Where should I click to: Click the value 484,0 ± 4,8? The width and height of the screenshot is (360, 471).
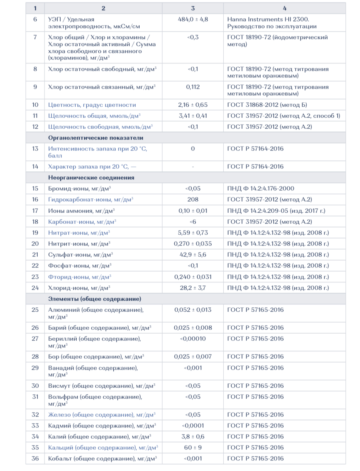[x=193, y=19]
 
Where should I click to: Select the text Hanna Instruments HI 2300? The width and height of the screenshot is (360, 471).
[x=268, y=19]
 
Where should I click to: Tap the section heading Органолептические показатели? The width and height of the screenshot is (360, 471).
[x=95, y=138]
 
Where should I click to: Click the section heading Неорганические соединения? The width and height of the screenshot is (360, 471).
[x=91, y=178]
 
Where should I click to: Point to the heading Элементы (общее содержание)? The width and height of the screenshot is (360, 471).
[x=94, y=299]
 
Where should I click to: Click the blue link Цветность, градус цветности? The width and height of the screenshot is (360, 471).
[x=92, y=105]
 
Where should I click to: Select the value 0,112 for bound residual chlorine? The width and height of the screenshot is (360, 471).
[x=193, y=87]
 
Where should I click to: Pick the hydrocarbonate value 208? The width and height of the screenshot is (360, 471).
[x=193, y=200]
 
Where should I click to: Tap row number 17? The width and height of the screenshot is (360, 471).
[x=35, y=210]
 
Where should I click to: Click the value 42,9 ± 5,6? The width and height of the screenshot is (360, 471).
[x=193, y=255]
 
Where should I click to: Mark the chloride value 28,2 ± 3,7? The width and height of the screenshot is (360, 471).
[x=193, y=288]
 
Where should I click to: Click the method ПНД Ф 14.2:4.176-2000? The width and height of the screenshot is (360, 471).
[x=261, y=189]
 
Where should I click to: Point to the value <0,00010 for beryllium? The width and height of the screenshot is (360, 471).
[x=193, y=339]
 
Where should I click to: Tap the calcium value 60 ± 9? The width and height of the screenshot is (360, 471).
[x=193, y=448]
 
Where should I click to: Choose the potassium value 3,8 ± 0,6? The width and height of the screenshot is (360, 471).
[x=193, y=437]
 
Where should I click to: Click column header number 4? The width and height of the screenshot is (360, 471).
[x=284, y=8]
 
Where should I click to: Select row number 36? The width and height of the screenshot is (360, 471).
[x=35, y=459]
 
